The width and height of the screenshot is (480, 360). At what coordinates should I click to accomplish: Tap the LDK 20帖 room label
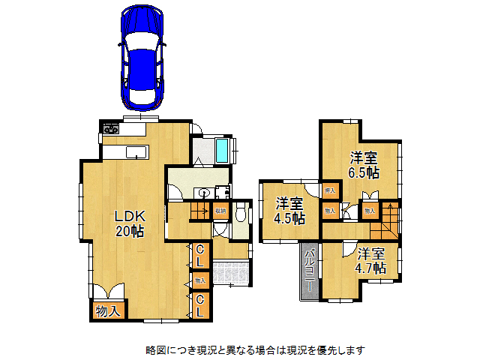pyautogui.click(x=129, y=223)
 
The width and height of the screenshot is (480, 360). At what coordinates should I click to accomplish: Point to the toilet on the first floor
pyautogui.click(x=240, y=216)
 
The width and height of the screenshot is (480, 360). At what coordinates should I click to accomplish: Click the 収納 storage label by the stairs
pyautogui.click(x=220, y=211)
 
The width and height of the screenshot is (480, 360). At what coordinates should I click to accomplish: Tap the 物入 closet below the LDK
pyautogui.click(x=109, y=310)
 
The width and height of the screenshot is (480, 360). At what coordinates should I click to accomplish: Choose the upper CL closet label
pyautogui.click(x=200, y=255)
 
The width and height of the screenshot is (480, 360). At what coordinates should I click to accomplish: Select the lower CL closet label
pyautogui.click(x=200, y=304)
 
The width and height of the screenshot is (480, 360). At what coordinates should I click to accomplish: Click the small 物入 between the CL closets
pyautogui.click(x=199, y=280)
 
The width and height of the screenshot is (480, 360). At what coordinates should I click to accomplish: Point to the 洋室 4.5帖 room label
pyautogui.click(x=289, y=211)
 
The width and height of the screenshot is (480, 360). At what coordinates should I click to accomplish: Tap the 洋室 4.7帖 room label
pyautogui.click(x=371, y=260)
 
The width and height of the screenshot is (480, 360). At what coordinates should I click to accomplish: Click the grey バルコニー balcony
pyautogui.click(x=309, y=271)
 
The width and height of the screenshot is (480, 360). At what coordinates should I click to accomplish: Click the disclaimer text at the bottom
pyautogui.click(x=255, y=349)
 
